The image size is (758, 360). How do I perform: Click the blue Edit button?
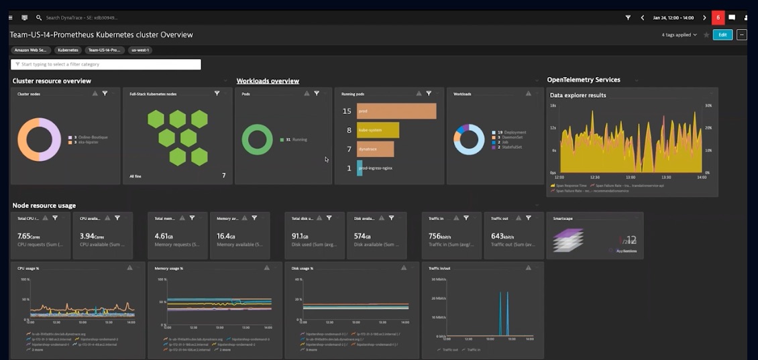(x=722, y=35)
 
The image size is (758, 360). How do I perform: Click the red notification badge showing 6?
(x=718, y=17)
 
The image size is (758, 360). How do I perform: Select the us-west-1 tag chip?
(x=141, y=50)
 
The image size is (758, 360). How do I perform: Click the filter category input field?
(x=106, y=64)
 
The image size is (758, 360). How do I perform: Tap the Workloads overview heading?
(x=268, y=81)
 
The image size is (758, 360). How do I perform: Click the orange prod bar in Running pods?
(x=396, y=111)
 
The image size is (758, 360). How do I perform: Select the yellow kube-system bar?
(x=378, y=130)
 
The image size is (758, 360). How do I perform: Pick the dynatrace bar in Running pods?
(x=376, y=149)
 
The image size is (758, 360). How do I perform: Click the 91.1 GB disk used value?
(x=300, y=236)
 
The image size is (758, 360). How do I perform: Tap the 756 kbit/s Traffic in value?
(x=441, y=236)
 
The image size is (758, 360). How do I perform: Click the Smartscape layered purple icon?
(x=568, y=240)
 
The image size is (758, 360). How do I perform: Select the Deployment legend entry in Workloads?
(x=511, y=133)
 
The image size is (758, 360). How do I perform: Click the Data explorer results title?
(x=578, y=95)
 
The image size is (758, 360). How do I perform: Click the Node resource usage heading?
(x=44, y=206)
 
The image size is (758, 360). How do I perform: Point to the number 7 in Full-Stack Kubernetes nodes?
(x=223, y=176)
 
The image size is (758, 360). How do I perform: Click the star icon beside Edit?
(x=706, y=35)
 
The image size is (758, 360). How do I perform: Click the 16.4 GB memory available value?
(x=226, y=236)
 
